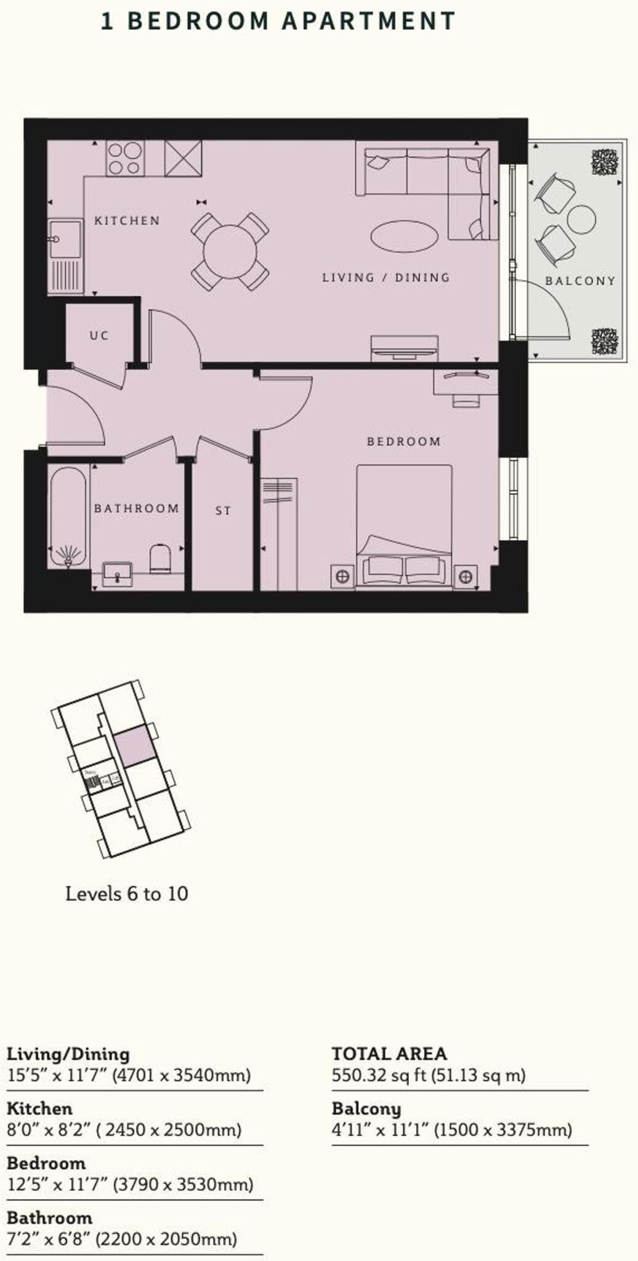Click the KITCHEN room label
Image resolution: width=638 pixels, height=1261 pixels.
pos(127,220)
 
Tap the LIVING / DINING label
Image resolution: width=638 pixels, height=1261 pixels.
pos(386,278)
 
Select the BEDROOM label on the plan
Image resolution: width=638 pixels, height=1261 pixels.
pos(404,441)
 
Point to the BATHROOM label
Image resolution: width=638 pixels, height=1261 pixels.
pos(137,509)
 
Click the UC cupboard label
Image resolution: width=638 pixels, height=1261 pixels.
pos(99,336)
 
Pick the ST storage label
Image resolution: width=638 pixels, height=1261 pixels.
pos(223,510)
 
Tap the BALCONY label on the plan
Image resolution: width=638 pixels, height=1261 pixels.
pos(580,281)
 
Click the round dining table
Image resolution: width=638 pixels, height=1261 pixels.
pos(230,251)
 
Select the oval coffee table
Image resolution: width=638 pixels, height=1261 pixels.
pos(405,236)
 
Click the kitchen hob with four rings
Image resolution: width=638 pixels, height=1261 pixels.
pos(125,158)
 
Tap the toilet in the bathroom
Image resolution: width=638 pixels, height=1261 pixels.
pos(160,558)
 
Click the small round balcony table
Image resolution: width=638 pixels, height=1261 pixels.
pos(581,219)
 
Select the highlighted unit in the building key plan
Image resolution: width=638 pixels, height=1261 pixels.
pos(134,746)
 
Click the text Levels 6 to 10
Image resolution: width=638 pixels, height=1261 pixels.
pos(127,893)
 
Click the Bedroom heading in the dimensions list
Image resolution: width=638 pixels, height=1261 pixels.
pos(46,1163)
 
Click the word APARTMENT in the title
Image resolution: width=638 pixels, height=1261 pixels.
pos(368,21)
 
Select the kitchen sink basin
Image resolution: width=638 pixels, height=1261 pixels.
pos(65,238)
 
